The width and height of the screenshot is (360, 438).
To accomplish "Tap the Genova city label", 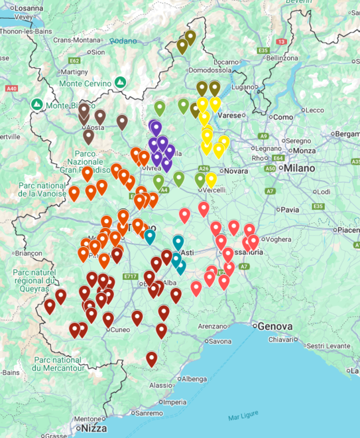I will (x=274, y=327).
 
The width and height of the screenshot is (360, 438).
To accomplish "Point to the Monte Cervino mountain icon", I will (x=120, y=82).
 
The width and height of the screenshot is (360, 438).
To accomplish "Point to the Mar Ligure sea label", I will (x=242, y=417).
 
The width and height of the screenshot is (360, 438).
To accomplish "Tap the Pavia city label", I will (x=290, y=210).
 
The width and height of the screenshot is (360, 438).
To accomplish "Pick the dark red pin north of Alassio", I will (x=152, y=359).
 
